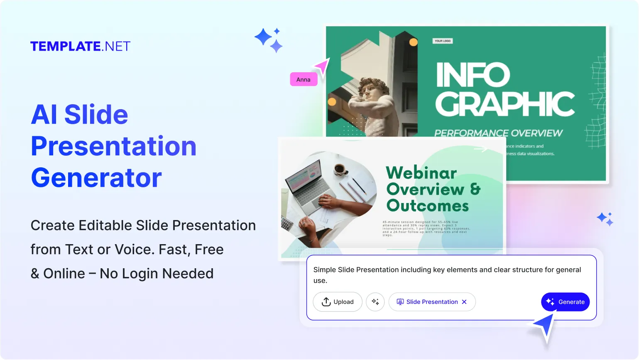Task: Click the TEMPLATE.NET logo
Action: click(80, 46)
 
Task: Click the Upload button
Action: click(338, 302)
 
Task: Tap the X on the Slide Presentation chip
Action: click(464, 302)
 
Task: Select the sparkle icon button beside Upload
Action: click(375, 302)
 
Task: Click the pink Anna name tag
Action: click(304, 79)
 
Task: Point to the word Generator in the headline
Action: click(96, 178)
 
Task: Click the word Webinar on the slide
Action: click(421, 173)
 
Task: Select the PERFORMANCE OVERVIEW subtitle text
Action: click(498, 133)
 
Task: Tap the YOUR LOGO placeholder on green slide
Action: click(443, 41)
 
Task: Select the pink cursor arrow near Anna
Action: click(322, 66)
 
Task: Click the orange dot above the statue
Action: click(414, 42)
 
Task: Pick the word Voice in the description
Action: click(134, 250)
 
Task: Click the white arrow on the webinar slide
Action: click(481, 149)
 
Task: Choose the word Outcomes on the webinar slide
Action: click(427, 206)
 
